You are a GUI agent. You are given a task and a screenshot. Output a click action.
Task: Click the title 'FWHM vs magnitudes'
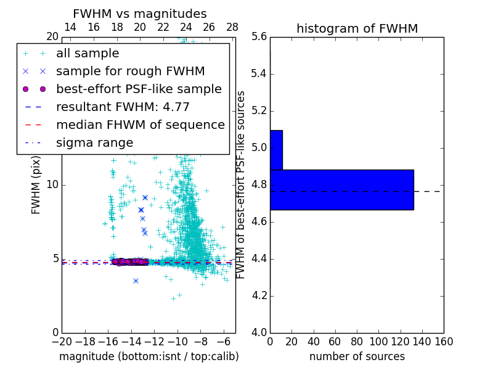pyautogui.click(x=140, y=14)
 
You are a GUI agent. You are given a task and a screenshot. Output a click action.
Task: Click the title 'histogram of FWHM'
pyautogui.click(x=357, y=28)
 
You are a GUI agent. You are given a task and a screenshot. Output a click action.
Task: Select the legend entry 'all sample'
pyautogui.click(x=88, y=54)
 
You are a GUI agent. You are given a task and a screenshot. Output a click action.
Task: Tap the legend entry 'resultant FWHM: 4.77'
pyautogui.click(x=123, y=107)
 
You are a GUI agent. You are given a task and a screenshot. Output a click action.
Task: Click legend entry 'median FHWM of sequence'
pyautogui.click(x=140, y=125)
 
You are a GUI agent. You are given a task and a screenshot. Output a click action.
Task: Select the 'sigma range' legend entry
pyautogui.click(x=94, y=143)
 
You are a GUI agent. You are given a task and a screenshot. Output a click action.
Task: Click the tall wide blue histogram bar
pyautogui.click(x=341, y=189)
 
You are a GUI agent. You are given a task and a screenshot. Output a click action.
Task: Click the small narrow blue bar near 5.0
pyautogui.click(x=276, y=150)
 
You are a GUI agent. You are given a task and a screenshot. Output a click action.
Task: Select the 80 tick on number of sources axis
pyautogui.click(x=357, y=342)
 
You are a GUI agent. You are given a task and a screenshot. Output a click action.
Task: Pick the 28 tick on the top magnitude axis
pyautogui.click(x=232, y=28)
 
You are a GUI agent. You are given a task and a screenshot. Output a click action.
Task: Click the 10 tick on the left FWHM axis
pyautogui.click(x=52, y=185)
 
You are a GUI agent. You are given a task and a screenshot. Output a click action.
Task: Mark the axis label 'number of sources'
pyautogui.click(x=357, y=356)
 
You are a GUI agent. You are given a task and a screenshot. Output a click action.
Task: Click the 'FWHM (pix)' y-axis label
pyautogui.click(x=36, y=185)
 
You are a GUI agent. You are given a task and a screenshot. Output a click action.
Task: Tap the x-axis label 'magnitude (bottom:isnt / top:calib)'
pyautogui.click(x=149, y=356)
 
